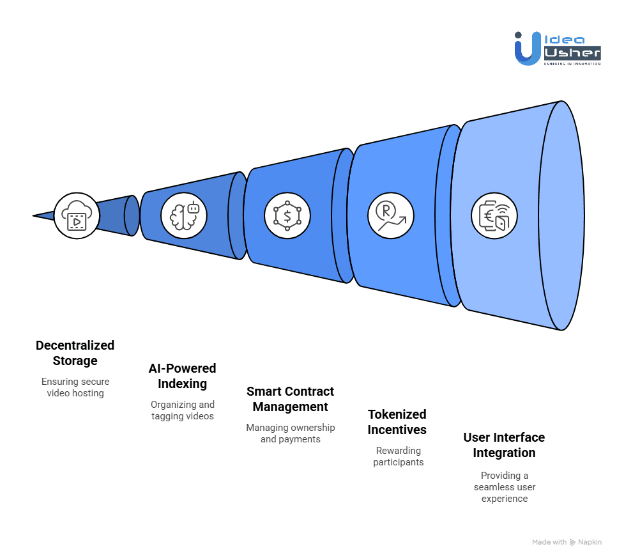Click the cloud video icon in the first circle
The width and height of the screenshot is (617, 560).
(x=77, y=216)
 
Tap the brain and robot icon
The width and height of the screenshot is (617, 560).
(x=184, y=216)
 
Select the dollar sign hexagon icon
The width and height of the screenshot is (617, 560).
(x=287, y=215)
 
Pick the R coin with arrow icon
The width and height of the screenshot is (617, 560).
(x=391, y=215)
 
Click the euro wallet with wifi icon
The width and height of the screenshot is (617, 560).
(x=494, y=215)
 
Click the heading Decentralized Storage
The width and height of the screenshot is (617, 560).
(x=75, y=353)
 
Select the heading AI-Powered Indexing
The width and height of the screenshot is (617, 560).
(x=183, y=376)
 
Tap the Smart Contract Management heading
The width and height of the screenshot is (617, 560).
(x=291, y=399)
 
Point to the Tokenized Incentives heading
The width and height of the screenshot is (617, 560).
(x=397, y=422)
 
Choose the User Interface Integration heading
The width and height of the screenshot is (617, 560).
(x=504, y=445)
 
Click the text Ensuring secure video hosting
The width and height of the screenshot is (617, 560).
(x=75, y=387)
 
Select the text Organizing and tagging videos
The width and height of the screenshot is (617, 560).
(x=183, y=410)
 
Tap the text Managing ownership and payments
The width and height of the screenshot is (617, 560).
(x=291, y=433)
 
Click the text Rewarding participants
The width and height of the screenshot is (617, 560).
(x=399, y=456)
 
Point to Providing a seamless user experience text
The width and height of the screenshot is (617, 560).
(x=505, y=487)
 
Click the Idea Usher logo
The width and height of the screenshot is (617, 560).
(x=557, y=47)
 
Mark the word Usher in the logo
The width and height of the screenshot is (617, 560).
(x=572, y=52)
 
